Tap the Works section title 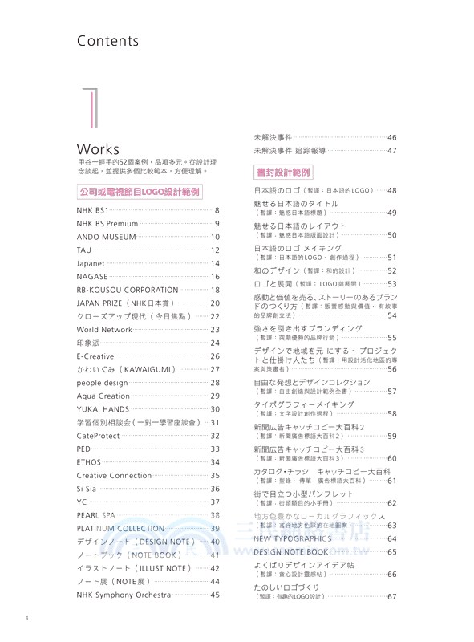98,149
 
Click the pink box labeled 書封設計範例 283,172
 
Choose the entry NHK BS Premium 107,224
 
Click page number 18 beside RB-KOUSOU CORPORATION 215,290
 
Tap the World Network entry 104,329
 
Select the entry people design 103,382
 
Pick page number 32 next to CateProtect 215,435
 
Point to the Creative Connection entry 114,475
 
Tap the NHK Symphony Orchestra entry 124,595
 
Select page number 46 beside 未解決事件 392,137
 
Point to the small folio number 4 27,617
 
